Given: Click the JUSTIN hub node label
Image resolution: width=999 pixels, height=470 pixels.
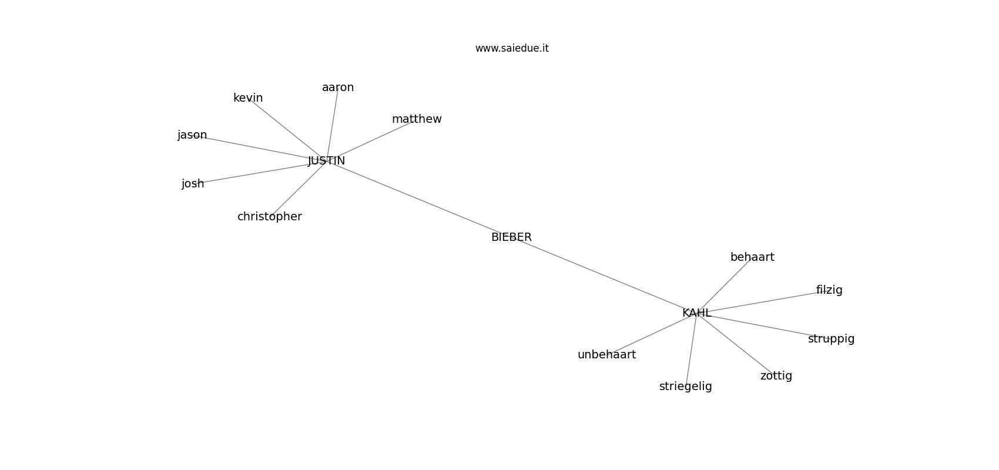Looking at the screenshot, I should tap(327, 161).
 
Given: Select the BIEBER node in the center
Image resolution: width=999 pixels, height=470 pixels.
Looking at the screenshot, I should tap(511, 237).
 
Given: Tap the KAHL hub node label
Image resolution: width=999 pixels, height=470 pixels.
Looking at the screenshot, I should tap(696, 313).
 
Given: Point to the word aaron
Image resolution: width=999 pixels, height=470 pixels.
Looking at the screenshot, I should tap(338, 88).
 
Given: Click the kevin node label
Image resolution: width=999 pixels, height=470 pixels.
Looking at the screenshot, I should tap(248, 98).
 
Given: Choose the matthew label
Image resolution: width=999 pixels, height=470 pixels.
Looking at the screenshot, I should tap(417, 119).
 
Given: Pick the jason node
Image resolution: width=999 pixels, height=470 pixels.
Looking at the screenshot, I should tap(192, 135).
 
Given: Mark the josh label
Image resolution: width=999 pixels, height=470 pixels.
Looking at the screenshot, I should tap(193, 184).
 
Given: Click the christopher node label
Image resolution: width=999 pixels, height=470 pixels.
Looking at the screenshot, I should tap(270, 217).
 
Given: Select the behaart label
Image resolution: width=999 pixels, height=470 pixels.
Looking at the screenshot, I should tap(752, 257).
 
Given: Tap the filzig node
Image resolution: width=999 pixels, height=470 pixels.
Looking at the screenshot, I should tap(829, 290).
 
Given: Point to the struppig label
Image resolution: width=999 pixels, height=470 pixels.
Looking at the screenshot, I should tap(831, 339).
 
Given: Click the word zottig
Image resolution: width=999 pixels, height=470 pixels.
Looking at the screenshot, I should tap(776, 376).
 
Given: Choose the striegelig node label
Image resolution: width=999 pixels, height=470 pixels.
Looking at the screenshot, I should tap(686, 387).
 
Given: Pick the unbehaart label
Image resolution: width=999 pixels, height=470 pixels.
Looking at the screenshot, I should tap(606, 355).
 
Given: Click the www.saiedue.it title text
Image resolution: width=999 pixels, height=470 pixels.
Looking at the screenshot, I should tap(512, 48).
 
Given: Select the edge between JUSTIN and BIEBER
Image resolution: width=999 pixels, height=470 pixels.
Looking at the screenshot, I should tap(419, 199).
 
